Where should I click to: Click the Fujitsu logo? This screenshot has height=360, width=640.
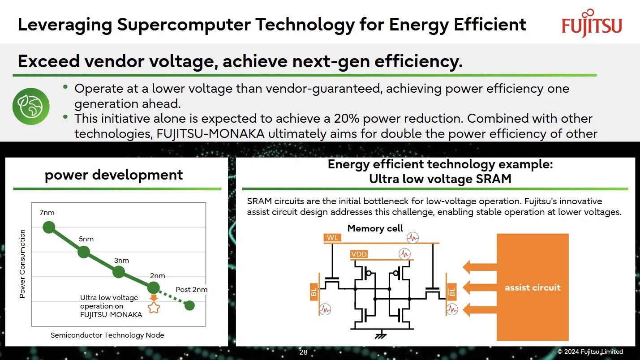(592, 23)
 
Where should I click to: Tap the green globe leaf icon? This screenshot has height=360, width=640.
(31, 106)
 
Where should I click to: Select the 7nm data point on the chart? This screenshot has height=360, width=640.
(49, 227)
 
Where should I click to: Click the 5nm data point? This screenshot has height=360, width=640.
(84, 252)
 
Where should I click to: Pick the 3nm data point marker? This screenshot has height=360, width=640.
(119, 272)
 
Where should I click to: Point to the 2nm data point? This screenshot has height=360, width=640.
(154, 287)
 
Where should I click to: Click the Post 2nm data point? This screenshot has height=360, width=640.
(189, 305)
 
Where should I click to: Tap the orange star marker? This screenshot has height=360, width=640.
(154, 308)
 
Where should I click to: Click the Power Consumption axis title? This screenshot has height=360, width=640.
(22, 264)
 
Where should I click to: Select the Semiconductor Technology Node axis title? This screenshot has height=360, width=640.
(107, 335)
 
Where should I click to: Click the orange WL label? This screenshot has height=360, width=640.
(332, 238)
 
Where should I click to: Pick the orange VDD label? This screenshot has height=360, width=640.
(359, 254)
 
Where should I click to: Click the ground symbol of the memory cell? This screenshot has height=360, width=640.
(381, 335)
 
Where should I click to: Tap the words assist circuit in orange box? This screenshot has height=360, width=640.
(533, 287)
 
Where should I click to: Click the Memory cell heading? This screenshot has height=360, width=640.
(375, 228)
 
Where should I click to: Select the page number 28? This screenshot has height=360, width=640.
(303, 352)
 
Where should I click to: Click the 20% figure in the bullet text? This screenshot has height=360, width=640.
(347, 119)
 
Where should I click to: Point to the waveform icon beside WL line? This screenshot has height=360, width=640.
(412, 238)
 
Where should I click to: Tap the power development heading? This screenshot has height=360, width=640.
(114, 175)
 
